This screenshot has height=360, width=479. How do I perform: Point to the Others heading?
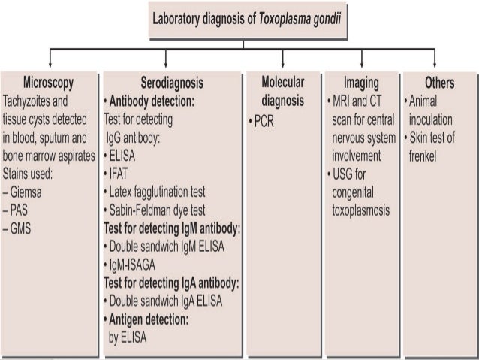click(439, 82)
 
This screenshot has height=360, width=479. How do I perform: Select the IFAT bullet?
click(119, 174)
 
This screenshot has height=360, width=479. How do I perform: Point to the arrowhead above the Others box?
click(440, 65)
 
